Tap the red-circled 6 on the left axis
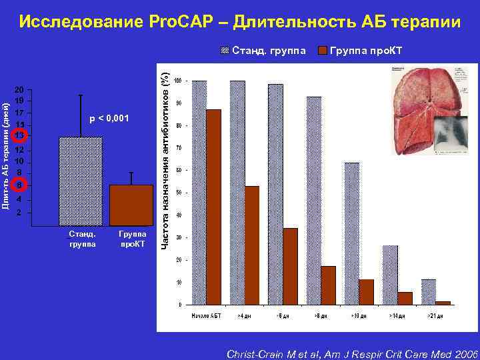20,184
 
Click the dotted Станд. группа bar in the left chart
81,181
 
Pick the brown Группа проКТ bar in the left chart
131,205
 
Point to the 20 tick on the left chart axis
20,89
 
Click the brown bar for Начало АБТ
214,207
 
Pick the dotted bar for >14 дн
390,275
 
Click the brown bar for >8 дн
328,285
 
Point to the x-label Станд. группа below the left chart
83,239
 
